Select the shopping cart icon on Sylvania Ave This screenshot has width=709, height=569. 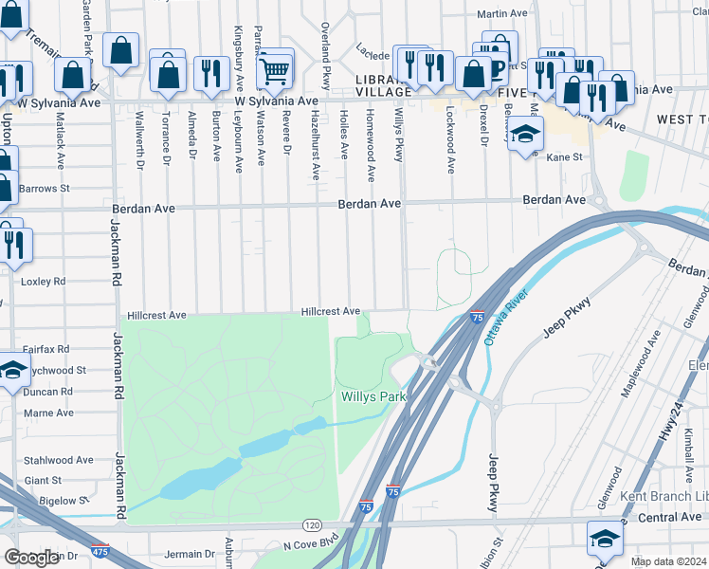[x=274, y=68]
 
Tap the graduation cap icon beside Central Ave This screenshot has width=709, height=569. [x=605, y=539]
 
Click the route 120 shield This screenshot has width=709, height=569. [x=312, y=524]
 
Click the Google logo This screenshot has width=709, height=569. [x=31, y=557]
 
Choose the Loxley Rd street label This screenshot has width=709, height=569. [x=45, y=282]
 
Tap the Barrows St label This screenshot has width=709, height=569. [x=45, y=189]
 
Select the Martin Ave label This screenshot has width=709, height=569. [x=501, y=14]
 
